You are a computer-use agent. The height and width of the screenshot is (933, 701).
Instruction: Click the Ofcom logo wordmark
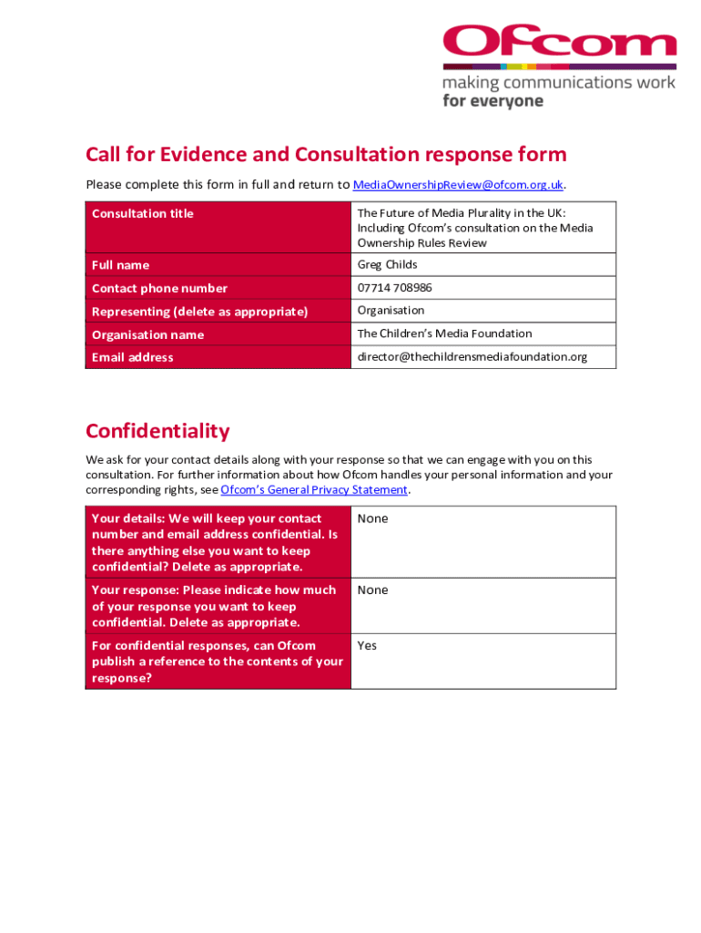(559, 42)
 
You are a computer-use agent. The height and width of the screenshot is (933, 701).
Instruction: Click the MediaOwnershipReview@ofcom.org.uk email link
(458, 185)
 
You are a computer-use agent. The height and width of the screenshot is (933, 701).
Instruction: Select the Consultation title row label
(143, 214)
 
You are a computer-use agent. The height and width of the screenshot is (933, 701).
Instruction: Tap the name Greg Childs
(387, 265)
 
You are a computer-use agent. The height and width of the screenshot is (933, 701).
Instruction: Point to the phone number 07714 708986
(394, 288)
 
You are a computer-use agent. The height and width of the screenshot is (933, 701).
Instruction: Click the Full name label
(120, 265)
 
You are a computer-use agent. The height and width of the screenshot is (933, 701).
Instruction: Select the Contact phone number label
(159, 289)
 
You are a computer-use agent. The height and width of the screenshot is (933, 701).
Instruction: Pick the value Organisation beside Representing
(391, 311)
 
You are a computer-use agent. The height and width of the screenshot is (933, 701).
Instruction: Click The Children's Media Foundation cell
(444, 333)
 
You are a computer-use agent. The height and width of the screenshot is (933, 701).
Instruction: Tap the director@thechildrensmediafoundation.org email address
(472, 357)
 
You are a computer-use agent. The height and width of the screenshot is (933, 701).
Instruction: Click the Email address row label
(132, 357)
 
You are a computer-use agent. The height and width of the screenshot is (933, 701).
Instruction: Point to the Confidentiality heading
(157, 431)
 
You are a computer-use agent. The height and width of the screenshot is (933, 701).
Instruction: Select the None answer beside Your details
(372, 518)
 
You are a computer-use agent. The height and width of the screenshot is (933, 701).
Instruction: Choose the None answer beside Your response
(372, 590)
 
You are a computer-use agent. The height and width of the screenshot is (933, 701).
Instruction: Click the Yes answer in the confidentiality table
(367, 646)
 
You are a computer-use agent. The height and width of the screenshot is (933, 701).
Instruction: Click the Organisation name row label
(147, 334)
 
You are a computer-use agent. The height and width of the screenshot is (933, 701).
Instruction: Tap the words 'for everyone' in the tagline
(493, 101)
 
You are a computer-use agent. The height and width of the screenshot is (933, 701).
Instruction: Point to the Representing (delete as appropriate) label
(199, 312)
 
